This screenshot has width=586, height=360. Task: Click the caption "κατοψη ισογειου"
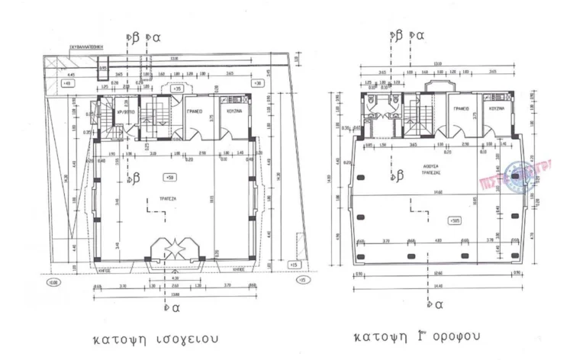click(156, 338)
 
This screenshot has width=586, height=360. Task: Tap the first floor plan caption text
click(419, 336)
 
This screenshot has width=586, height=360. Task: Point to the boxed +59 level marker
click(169, 176)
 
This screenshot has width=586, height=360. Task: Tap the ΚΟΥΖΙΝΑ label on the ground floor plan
click(234, 111)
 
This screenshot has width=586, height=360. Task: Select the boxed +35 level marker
click(177, 89)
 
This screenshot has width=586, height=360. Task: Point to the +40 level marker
click(67, 82)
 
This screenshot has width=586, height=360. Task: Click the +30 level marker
click(258, 82)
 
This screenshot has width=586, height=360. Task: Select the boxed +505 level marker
click(455, 220)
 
